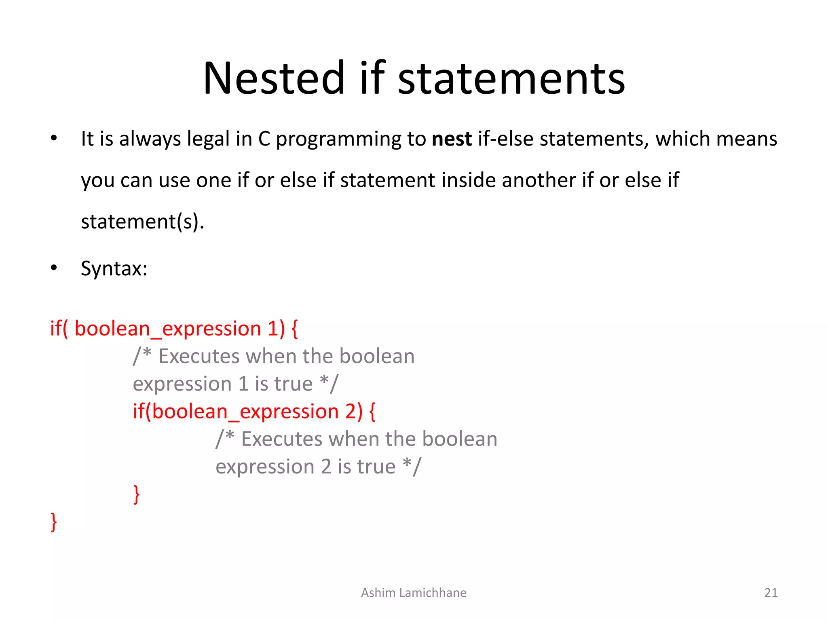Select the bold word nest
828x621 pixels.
click(452, 139)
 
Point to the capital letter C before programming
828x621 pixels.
click(264, 139)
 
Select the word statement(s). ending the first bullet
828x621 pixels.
click(142, 222)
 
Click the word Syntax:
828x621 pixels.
click(114, 268)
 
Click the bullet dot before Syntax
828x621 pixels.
click(54, 268)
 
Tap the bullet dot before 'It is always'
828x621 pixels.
click(54, 138)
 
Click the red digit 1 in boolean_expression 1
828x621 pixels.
click(273, 328)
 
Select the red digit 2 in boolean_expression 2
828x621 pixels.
click(351, 412)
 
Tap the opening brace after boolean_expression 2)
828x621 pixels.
click(372, 412)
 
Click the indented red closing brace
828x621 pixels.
click(137, 494)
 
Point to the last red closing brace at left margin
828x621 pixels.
click(54, 522)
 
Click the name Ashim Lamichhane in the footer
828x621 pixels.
click(414, 593)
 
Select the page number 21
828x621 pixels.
click(771, 593)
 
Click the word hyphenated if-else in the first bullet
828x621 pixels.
click(506, 139)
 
